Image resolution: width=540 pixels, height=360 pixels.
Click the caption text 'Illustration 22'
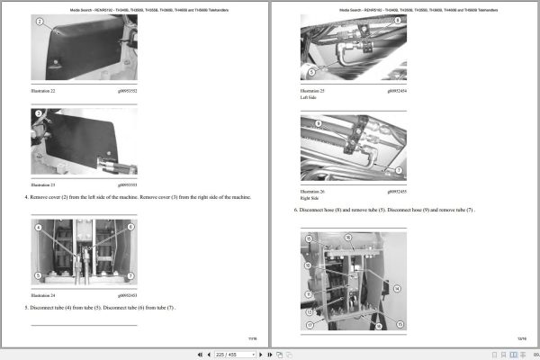point(44,91)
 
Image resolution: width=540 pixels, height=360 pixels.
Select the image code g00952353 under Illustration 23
point(122,184)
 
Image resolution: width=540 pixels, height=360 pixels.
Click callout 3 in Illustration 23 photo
point(39,115)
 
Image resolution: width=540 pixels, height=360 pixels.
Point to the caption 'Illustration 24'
point(44,294)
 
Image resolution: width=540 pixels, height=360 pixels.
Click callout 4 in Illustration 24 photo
point(38,229)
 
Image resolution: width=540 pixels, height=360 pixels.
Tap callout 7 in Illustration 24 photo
point(130,274)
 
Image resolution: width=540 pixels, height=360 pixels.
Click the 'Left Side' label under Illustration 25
point(309,97)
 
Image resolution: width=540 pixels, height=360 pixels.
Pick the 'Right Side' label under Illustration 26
point(310,198)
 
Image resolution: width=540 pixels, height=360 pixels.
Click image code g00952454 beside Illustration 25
point(397,91)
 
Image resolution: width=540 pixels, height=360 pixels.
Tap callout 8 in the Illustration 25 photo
point(397,20)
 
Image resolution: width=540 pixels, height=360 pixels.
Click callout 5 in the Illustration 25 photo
point(310,70)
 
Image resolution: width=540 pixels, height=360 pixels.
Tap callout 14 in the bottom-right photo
point(394,288)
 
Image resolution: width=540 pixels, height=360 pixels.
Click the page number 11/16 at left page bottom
point(251,337)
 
